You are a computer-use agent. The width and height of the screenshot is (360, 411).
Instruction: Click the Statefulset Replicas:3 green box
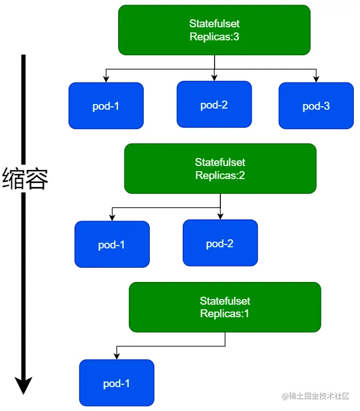[214, 30]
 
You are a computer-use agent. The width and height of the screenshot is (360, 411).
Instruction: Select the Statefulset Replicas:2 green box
[220, 168]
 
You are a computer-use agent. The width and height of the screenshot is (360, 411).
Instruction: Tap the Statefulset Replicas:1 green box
[225, 307]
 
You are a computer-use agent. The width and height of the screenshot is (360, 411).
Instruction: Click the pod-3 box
[316, 106]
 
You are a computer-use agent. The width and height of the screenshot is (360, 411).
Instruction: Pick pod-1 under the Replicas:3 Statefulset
[106, 106]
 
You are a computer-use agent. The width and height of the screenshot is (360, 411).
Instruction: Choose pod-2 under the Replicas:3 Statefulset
[214, 105]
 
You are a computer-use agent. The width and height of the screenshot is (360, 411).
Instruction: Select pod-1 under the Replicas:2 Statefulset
[112, 244]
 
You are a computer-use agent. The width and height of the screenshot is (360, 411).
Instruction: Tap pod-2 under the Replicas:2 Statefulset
[220, 243]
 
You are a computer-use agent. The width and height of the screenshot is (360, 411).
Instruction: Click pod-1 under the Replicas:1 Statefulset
[117, 383]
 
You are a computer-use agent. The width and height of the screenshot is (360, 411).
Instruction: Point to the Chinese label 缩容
[25, 178]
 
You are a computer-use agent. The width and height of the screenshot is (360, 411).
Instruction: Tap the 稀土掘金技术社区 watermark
[316, 396]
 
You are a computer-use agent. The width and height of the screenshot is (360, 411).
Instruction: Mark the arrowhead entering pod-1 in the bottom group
[117, 356]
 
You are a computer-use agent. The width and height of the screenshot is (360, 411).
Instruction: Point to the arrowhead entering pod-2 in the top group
[214, 78]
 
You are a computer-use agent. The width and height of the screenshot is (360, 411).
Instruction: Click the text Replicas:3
[214, 37]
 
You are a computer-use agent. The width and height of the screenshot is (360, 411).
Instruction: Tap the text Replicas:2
[220, 175]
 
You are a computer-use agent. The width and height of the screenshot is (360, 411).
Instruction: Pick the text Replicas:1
[225, 313]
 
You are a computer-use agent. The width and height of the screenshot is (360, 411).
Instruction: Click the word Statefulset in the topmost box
[214, 23]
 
